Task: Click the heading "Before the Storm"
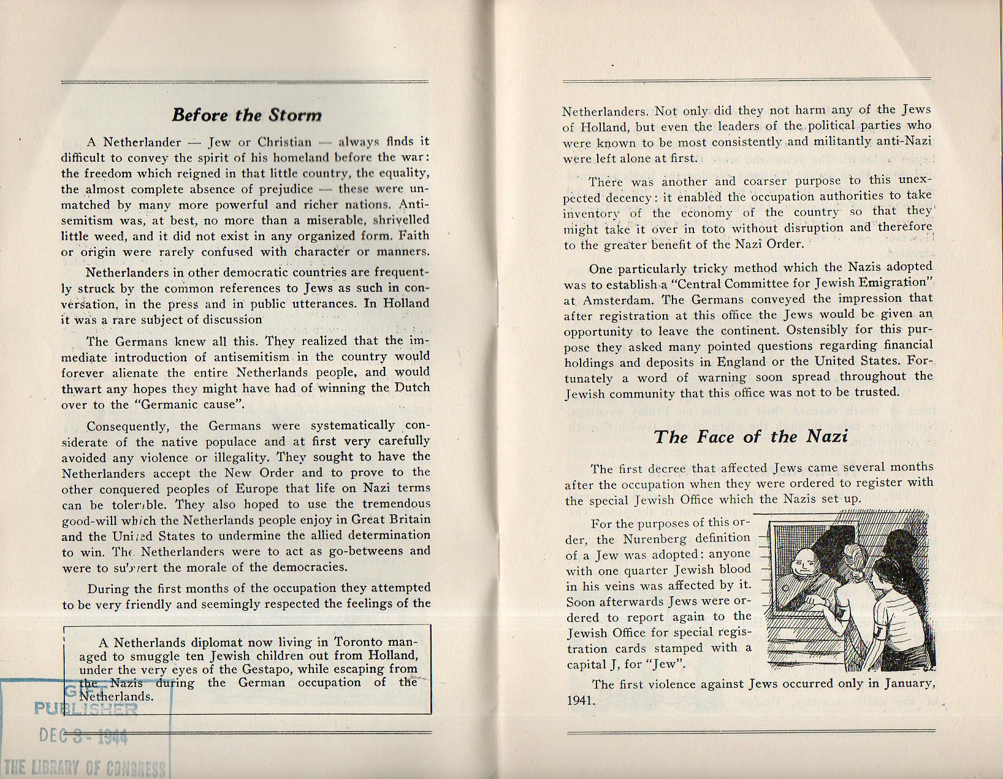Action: coord(246,115)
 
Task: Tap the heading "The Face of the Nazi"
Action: coord(750,437)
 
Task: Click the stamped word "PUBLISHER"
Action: coord(86,710)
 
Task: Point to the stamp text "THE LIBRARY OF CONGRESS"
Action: coord(85,767)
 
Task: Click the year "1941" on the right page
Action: coord(579,700)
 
